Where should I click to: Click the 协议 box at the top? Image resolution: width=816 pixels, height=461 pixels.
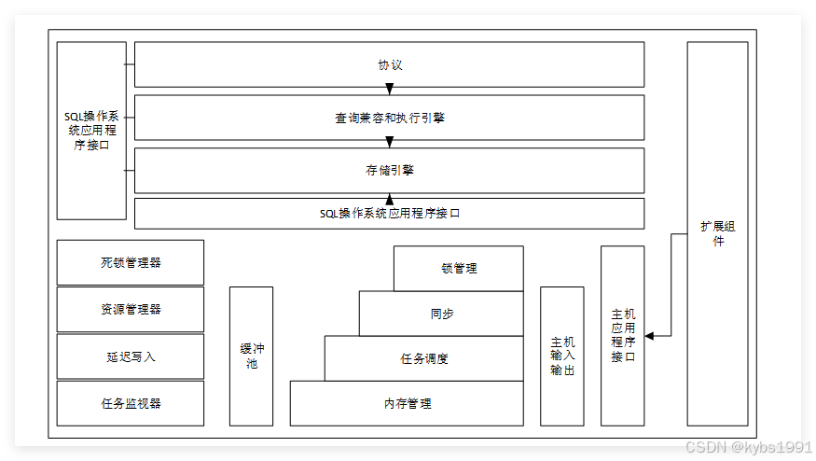coord(389,65)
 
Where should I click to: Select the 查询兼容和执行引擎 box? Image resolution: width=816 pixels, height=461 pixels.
coord(389,118)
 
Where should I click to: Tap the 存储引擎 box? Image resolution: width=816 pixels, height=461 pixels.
coord(389,170)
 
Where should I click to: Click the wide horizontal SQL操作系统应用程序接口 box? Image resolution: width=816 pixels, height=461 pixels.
coord(389,213)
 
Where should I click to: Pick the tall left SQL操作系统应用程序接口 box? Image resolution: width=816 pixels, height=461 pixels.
coord(91,131)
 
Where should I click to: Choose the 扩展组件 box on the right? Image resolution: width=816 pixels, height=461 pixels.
coord(717,233)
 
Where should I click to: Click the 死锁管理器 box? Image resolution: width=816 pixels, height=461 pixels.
coord(131,262)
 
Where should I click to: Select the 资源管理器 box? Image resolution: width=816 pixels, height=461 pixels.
coord(131,309)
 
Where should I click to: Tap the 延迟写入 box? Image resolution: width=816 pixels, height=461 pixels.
coord(131,356)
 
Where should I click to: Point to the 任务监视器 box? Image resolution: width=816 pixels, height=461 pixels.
coord(131,403)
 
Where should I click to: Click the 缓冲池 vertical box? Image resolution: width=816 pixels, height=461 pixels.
coord(251,356)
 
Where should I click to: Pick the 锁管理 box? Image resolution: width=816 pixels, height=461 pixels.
coord(458,268)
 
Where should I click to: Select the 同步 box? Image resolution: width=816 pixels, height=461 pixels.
coord(441,314)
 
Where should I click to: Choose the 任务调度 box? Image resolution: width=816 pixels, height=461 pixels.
coord(423,358)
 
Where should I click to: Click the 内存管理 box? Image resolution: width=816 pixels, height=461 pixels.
coord(407,403)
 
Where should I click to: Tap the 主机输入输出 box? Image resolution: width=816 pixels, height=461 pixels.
coord(562,356)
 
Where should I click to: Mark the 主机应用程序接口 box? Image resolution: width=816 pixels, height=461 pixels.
coord(622,336)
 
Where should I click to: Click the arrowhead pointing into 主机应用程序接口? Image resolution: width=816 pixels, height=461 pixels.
coord(650,335)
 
